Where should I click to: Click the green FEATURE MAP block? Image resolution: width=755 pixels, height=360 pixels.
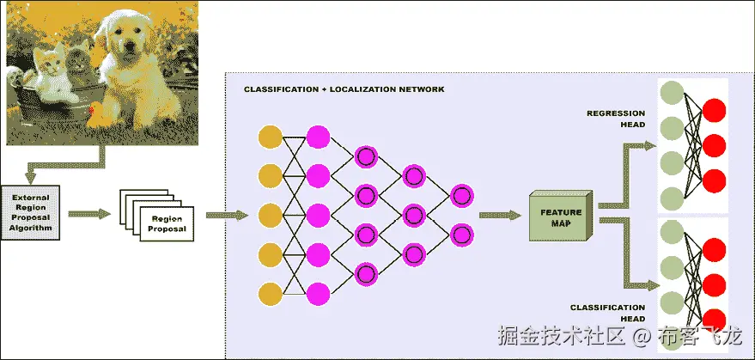(560, 216)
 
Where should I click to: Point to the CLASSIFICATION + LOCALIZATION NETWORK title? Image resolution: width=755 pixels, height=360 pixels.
(344, 89)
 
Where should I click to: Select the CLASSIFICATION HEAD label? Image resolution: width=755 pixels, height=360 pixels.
(607, 312)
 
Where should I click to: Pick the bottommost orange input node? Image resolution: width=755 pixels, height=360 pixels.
(270, 292)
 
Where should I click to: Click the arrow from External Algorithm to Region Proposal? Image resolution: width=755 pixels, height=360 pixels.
(88, 213)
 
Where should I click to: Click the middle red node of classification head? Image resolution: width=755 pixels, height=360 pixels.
(714, 284)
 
